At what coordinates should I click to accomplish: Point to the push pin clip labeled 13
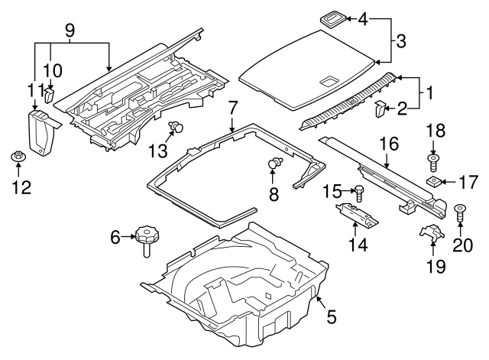coord(177,127)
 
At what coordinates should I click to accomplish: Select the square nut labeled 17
coord(432,181)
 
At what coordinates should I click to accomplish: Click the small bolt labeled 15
coord(359,191)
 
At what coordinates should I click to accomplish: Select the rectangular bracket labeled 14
coord(357,215)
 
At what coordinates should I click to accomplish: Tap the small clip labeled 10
coord(50,95)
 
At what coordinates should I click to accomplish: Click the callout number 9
coord(70,32)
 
